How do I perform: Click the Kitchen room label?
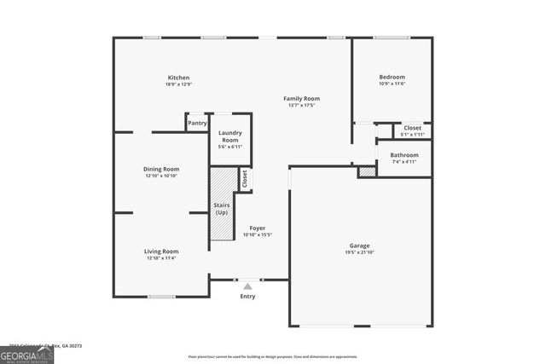point(178,78)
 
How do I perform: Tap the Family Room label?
point(302,99)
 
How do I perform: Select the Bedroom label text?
point(392,77)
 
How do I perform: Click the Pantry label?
point(197,124)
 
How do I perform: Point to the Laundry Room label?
point(230,136)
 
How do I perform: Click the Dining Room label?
point(161,169)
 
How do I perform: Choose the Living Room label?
point(160,251)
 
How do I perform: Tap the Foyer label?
point(257,228)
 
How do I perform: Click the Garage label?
point(358,246)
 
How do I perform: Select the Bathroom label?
point(404,155)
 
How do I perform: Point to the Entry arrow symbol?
point(247,286)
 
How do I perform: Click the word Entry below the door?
point(247,297)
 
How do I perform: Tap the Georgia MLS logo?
point(26,354)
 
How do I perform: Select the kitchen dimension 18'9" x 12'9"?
point(178,84)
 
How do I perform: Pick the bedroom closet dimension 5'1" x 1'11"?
point(412,135)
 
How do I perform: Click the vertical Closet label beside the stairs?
point(245,179)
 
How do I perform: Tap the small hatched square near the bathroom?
point(367,172)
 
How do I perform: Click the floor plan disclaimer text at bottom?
point(272,357)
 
